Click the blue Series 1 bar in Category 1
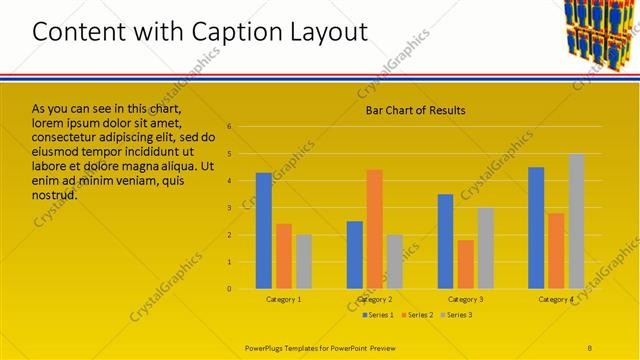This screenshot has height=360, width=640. pos(263,231)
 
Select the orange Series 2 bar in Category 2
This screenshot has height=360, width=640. pos(374,229)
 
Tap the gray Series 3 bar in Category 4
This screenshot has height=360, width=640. pos(576,221)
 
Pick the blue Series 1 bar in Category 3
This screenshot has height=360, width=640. pos(445,241)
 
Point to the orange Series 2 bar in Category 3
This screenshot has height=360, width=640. pos(465,264)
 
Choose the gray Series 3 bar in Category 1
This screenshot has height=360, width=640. pos(303,261)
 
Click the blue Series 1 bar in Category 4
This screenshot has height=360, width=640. pos(536,228)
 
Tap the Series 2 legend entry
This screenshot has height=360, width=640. pos(418,315)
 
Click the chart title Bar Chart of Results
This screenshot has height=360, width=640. pos(414,110)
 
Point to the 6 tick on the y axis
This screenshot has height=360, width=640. pos(230,127)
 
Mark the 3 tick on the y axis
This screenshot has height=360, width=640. pos(230,208)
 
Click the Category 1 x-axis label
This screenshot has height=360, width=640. pos(283,299)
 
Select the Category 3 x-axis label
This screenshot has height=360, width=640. pos(465,299)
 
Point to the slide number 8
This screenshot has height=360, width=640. pos(590,348)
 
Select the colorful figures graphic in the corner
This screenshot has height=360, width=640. pos(599,34)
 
